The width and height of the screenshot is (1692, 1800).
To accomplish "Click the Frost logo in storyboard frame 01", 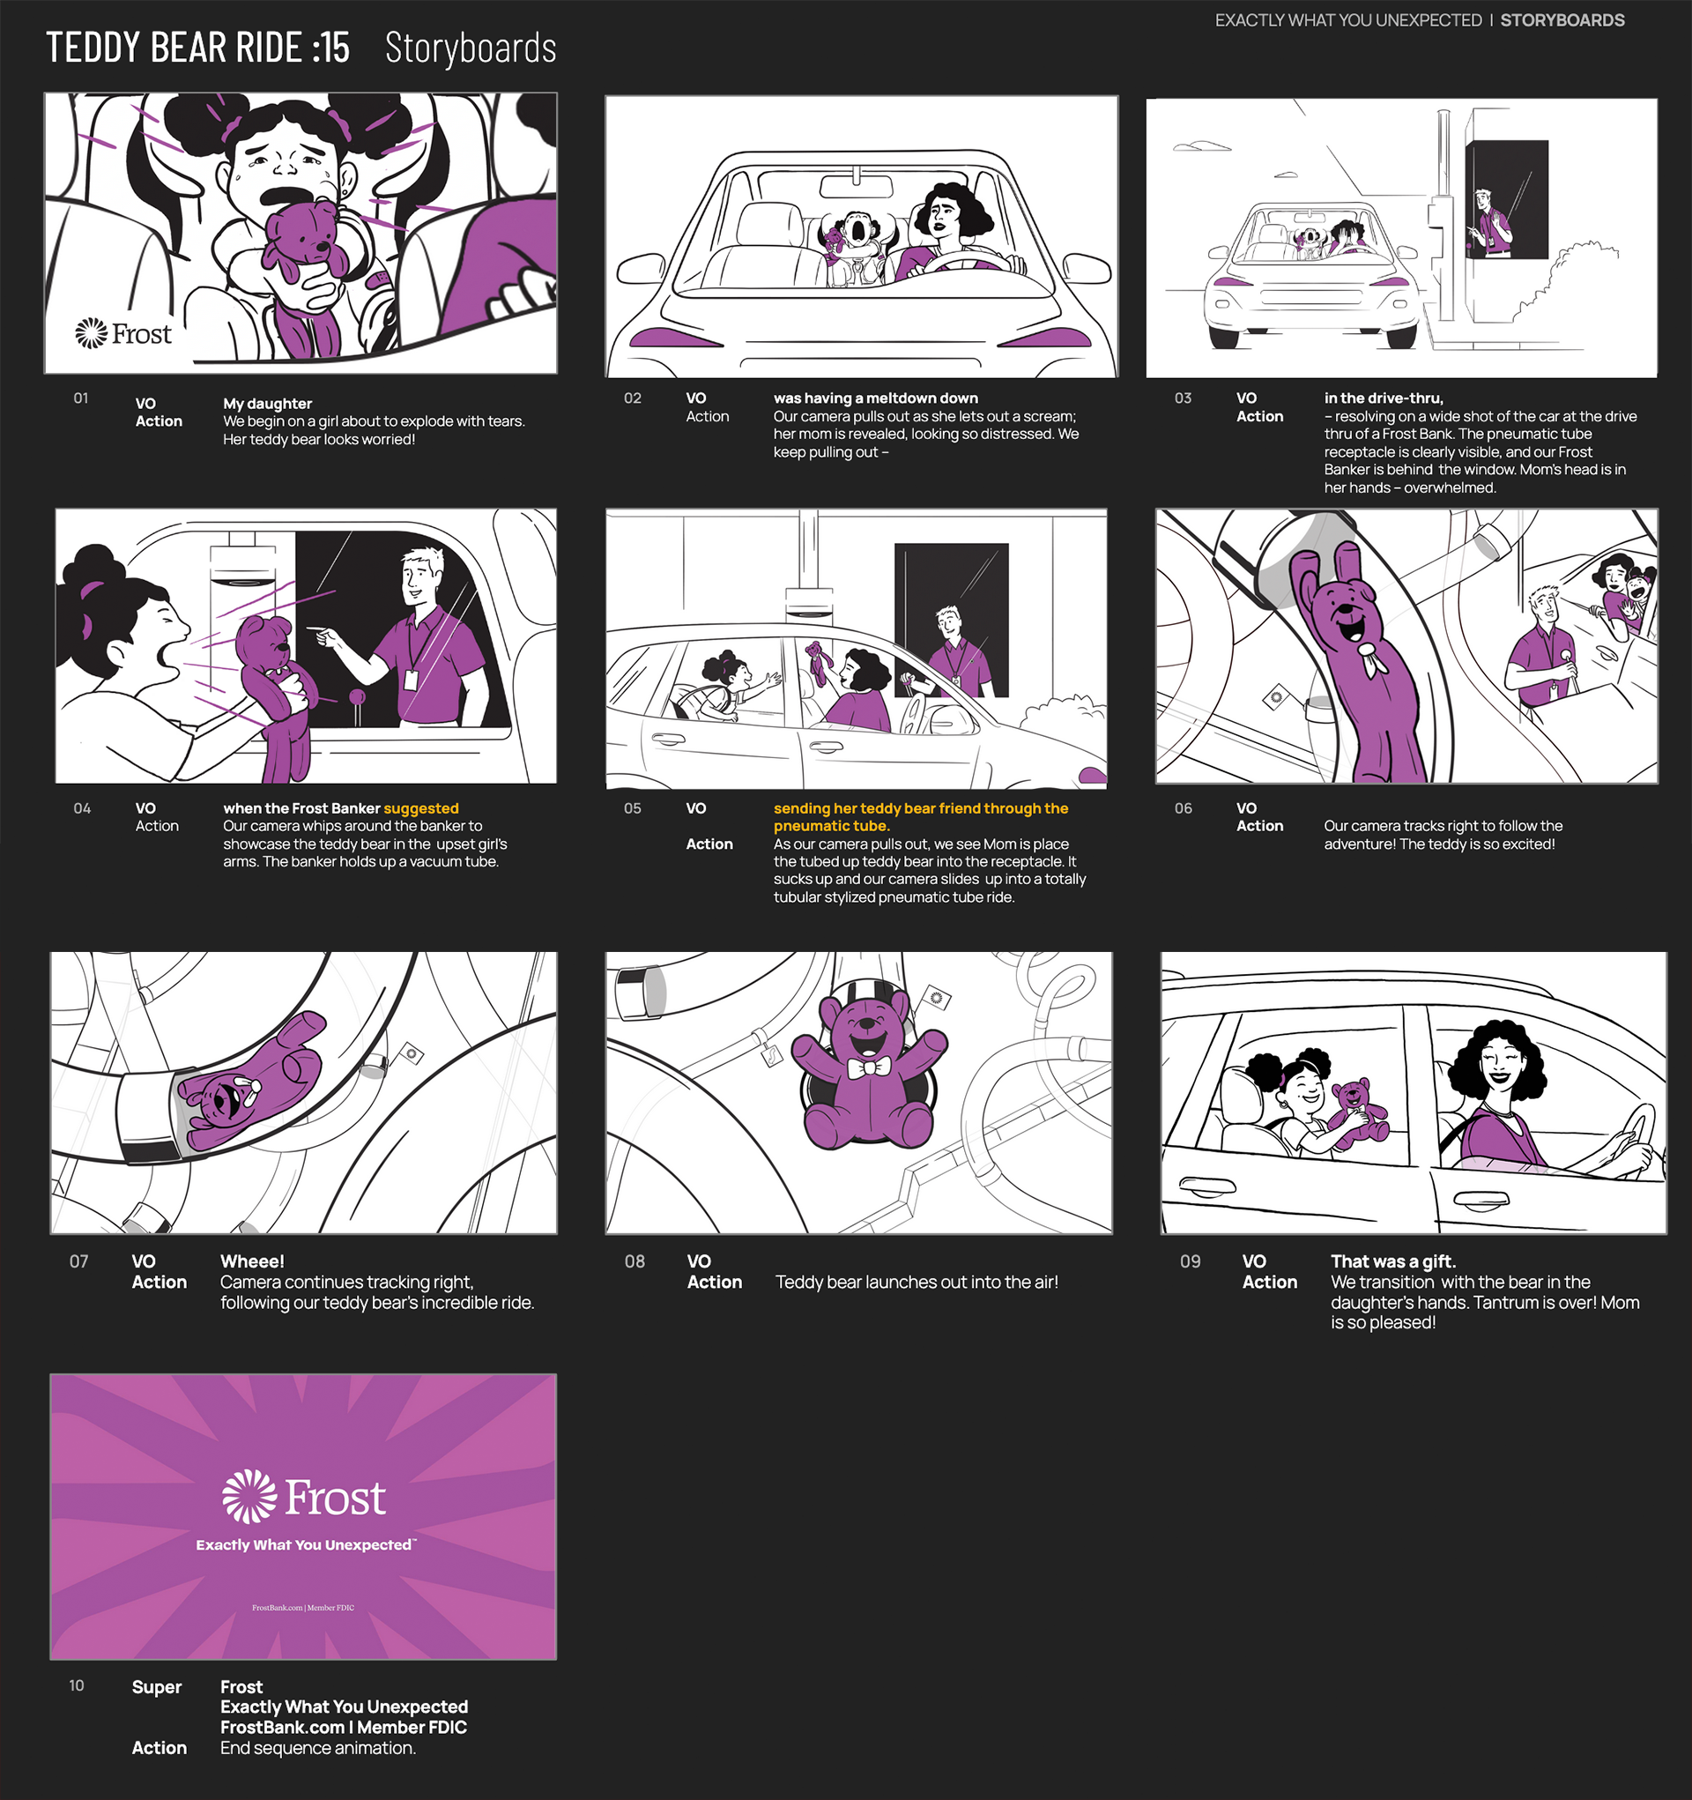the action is click(123, 334).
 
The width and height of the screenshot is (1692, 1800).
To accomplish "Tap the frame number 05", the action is click(632, 808).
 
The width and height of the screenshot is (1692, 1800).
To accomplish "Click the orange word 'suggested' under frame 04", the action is click(421, 808).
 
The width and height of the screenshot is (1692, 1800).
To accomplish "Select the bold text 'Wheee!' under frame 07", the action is click(253, 1261).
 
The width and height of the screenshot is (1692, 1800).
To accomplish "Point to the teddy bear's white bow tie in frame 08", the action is click(868, 1068).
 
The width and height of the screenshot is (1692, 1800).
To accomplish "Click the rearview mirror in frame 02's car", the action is click(856, 187).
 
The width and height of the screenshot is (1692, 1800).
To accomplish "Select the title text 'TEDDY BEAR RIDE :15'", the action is click(197, 48).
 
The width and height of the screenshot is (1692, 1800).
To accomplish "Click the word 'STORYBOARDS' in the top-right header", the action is click(1562, 20).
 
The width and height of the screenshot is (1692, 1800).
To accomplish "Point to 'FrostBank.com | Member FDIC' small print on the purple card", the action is click(303, 1608).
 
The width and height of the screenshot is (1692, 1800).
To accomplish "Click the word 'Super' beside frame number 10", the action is click(157, 1687).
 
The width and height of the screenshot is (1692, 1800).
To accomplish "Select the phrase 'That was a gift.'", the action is click(1393, 1261).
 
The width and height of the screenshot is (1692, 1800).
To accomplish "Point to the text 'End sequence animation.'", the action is click(318, 1747).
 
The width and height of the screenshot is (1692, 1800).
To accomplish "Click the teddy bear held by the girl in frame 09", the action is click(1356, 1114).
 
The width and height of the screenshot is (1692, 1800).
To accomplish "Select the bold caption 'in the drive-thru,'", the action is click(1384, 398).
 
